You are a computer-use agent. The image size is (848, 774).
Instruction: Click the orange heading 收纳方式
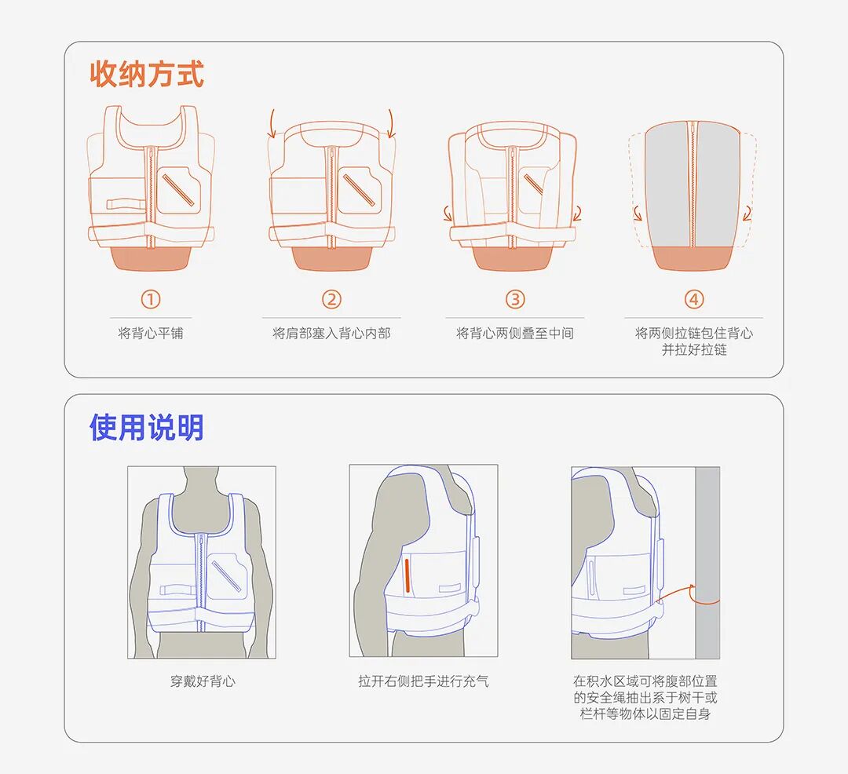tap(147, 74)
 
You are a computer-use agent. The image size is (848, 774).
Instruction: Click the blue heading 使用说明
tap(147, 428)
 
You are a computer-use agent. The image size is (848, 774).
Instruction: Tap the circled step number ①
tap(151, 299)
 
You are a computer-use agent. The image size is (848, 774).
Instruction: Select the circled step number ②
tap(331, 299)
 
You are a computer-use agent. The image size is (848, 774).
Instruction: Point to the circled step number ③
tap(515, 299)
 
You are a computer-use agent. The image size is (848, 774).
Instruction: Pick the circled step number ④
tap(694, 299)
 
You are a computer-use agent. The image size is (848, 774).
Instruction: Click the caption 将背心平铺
tap(151, 333)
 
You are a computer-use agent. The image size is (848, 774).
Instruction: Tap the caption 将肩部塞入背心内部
tap(331, 333)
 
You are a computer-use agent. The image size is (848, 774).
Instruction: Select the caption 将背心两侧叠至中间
tap(515, 333)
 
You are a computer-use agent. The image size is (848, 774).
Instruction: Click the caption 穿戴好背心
tap(203, 681)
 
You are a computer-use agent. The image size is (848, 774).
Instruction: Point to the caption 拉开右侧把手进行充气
tap(423, 681)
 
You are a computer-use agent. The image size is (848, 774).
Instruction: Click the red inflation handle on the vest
tap(408, 575)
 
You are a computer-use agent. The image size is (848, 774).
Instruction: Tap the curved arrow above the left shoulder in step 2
tap(272, 124)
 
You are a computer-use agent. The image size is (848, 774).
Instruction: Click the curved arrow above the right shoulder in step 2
tap(391, 124)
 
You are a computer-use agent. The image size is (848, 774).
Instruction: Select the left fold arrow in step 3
tap(448, 214)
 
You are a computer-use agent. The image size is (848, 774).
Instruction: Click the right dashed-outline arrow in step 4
tap(748, 214)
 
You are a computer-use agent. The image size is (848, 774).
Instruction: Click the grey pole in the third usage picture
tap(707, 563)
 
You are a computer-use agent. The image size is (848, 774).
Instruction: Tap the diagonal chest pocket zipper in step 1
tap(178, 188)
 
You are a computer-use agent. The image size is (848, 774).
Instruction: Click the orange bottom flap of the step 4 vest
tap(694, 257)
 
